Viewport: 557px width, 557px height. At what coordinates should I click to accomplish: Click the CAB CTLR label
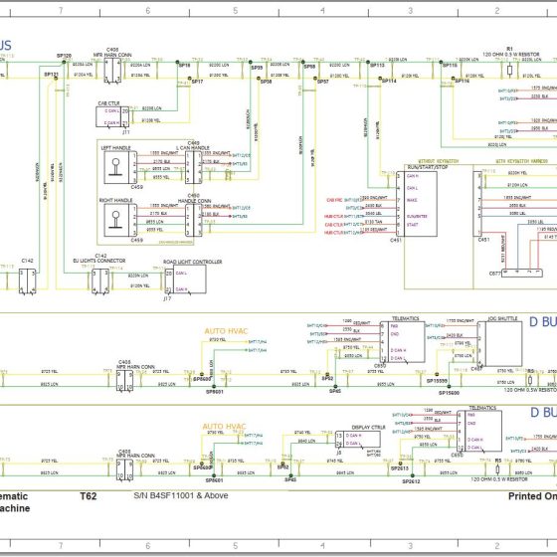[107, 102]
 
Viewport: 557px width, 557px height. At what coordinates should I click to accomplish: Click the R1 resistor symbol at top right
[509, 71]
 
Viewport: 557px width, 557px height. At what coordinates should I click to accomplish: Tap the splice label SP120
[64, 56]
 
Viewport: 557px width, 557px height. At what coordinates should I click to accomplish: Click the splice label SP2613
[400, 467]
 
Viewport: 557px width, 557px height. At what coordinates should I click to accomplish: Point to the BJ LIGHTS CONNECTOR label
[100, 261]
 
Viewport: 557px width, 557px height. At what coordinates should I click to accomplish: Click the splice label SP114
[386, 82]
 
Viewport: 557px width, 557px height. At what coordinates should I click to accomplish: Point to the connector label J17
[168, 297]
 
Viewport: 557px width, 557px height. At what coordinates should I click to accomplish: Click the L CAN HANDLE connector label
[193, 148]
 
